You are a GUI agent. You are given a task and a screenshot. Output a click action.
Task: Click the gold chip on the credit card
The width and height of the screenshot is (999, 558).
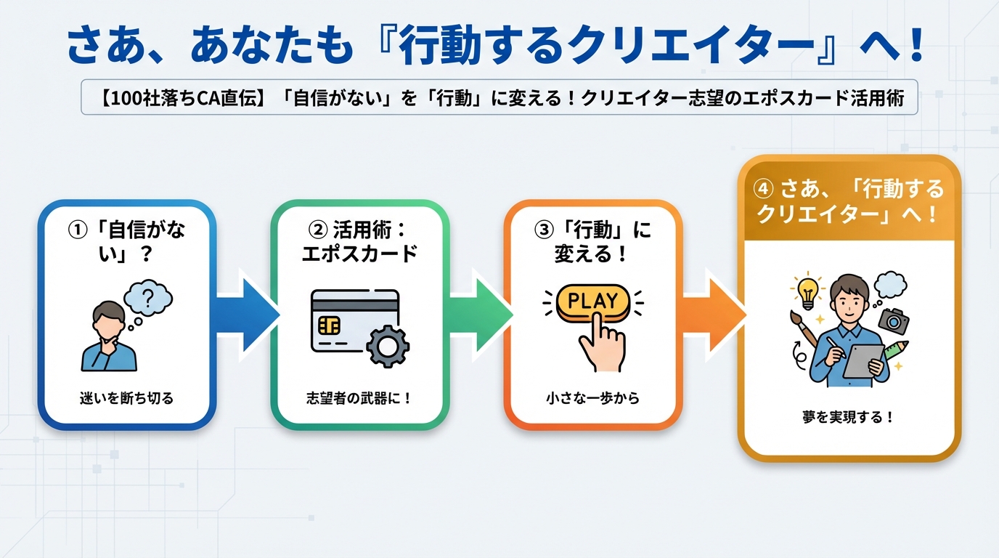[329, 325]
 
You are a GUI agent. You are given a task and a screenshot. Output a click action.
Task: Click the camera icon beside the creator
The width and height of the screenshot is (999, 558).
[893, 318]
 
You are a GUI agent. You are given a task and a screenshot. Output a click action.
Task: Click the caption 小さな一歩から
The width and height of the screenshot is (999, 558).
[592, 397]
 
